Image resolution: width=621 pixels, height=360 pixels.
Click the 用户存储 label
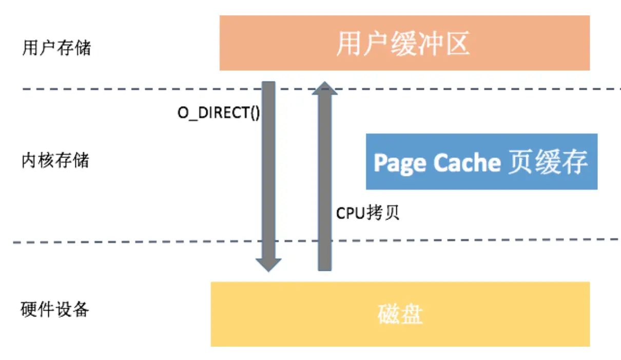click(x=56, y=48)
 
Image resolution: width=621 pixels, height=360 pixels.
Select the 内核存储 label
click(x=55, y=160)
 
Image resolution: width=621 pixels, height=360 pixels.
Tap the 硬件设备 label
click(x=55, y=309)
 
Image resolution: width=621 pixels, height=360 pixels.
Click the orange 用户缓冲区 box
click(x=404, y=43)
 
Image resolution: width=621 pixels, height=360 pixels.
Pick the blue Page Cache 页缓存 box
click(x=481, y=162)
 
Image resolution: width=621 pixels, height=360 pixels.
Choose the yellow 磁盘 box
click(x=400, y=314)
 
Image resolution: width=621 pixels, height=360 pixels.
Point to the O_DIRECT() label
click(x=219, y=113)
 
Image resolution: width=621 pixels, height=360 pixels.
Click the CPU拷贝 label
click(x=367, y=213)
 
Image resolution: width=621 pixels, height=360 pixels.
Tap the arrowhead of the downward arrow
click(x=268, y=265)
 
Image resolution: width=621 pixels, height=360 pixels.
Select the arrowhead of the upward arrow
click(x=325, y=88)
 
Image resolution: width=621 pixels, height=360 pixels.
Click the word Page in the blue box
click(x=400, y=163)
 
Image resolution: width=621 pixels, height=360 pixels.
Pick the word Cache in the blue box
click(x=467, y=162)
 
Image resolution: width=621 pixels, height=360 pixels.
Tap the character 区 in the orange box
click(x=457, y=43)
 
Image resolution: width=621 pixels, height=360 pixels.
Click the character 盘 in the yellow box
click(x=412, y=314)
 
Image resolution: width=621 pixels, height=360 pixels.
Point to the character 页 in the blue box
click(x=520, y=162)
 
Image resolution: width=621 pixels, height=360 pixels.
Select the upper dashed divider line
click(x=322, y=89)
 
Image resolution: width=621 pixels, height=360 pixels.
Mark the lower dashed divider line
click(x=316, y=241)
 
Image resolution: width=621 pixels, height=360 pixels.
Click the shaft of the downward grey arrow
click(x=268, y=170)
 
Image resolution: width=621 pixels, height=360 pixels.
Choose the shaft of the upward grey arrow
click(x=325, y=183)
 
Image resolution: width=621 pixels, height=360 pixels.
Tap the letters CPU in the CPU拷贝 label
click(x=351, y=213)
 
